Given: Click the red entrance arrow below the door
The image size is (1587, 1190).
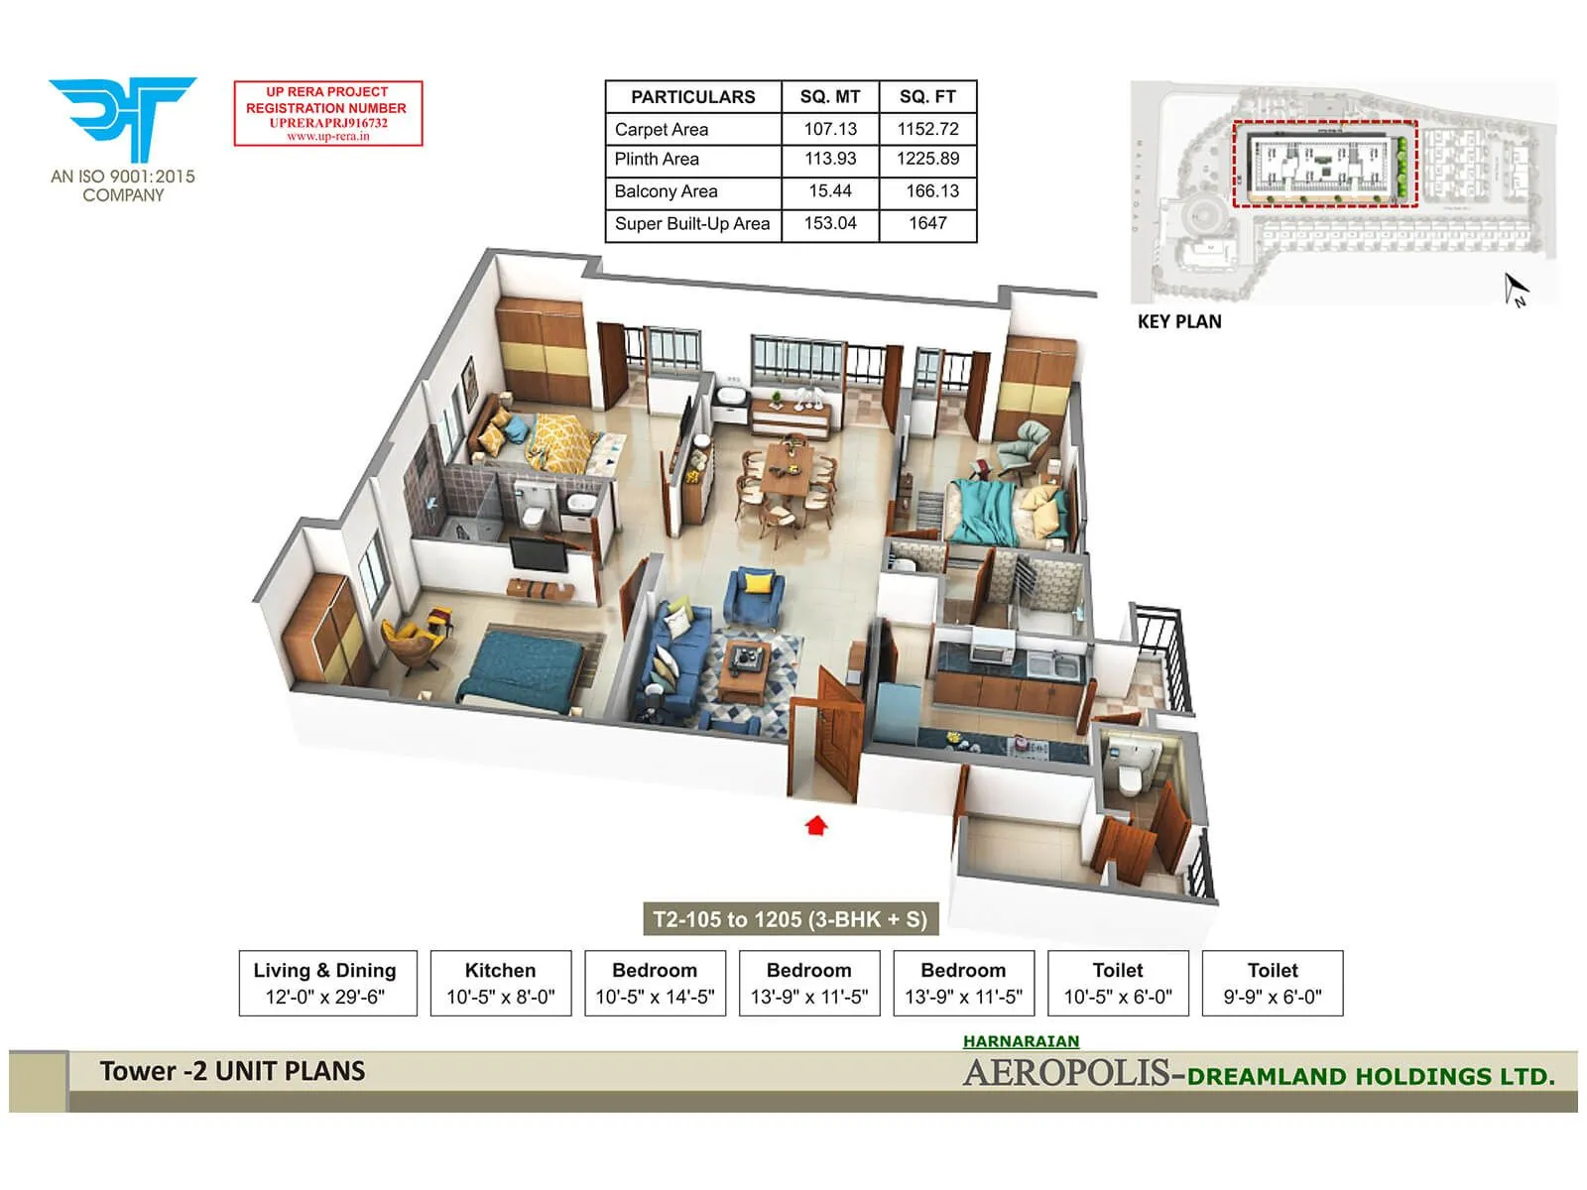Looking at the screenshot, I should coord(816,825).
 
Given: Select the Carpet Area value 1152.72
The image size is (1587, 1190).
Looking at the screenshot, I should coord(927,129).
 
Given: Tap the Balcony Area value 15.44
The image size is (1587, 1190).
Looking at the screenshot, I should coord(830,190).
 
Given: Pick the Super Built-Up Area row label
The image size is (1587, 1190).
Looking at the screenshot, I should coord(691,224).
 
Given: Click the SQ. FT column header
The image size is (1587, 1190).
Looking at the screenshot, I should coord(927,97).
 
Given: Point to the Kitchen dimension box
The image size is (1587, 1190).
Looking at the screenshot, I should coord(501,984).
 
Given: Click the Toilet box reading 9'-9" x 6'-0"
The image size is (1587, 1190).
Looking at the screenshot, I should coord(1273,984).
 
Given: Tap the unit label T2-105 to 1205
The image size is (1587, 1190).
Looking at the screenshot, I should coord(790,919).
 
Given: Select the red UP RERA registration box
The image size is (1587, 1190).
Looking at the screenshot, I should coord(328,114).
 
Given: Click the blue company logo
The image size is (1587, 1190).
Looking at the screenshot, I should coord(123,117).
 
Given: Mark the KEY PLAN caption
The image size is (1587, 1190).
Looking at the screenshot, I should coord(1179,321).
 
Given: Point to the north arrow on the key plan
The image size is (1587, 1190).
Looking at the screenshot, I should coord(1515,290).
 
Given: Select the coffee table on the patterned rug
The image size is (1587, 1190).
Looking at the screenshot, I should coord(746,666).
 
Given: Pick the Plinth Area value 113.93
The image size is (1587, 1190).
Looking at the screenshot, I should coord(830,159).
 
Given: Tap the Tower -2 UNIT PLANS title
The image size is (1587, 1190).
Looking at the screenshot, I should coord(232,1072).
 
